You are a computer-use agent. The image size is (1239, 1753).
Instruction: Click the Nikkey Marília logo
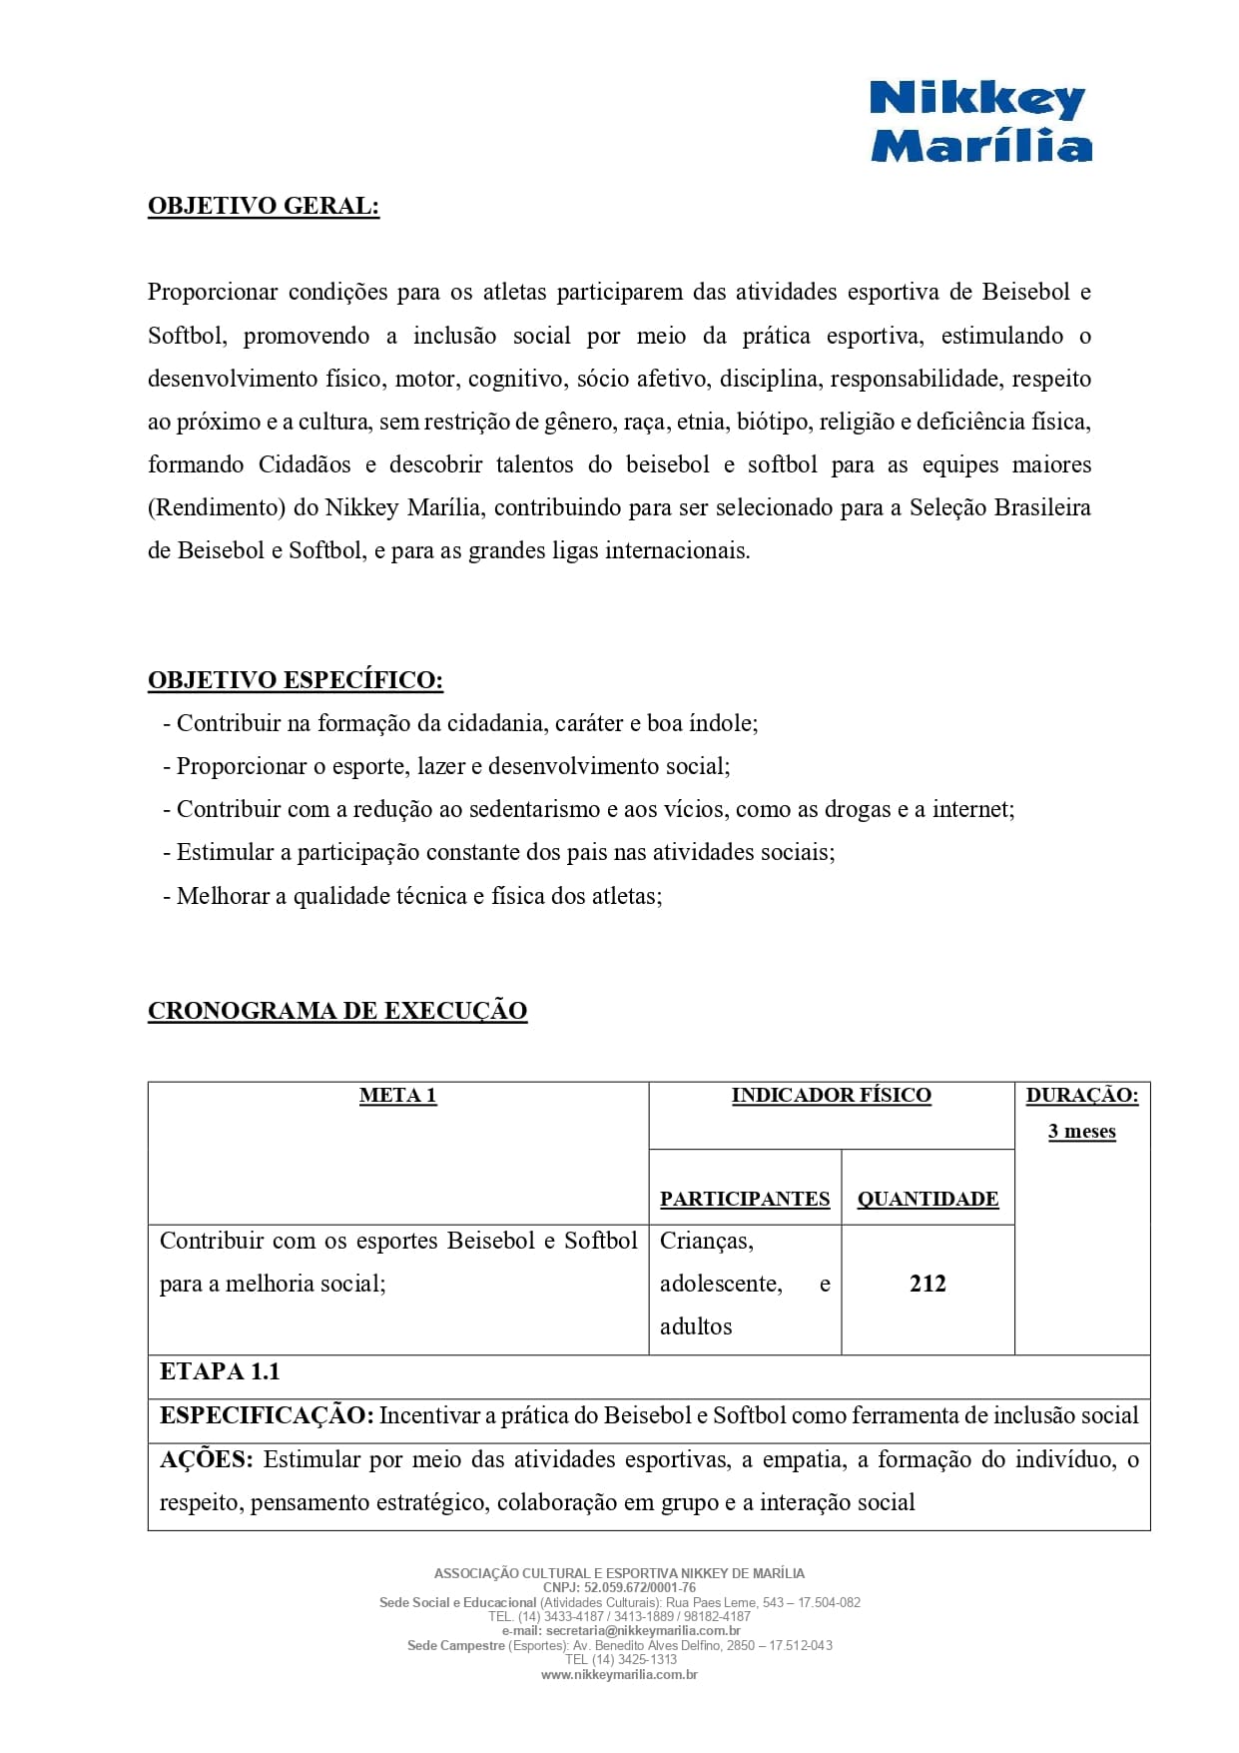[x=980, y=122]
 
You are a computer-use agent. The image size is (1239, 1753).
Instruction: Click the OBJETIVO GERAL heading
[x=264, y=206]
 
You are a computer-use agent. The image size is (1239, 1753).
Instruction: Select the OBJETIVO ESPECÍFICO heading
[x=296, y=680]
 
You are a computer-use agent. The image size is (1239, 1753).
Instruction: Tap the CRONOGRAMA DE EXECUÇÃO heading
[x=337, y=1011]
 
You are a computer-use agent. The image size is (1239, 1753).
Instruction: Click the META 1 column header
[x=397, y=1096]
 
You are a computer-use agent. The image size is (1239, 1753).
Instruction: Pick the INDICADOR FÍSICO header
[x=831, y=1096]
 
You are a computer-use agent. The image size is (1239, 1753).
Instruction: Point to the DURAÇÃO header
[x=1081, y=1096]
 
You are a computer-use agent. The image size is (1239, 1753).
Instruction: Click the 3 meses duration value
[x=1081, y=1132]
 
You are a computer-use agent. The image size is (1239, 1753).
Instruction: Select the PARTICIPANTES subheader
[x=745, y=1199]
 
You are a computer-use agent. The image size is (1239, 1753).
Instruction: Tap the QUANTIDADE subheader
[x=928, y=1199]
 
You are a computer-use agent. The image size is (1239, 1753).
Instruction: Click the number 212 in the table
[x=928, y=1284]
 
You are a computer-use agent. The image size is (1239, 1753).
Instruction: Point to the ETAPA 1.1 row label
[x=220, y=1371]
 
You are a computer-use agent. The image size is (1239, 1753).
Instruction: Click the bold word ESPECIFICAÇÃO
[x=267, y=1415]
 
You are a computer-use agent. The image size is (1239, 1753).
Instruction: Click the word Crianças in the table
[x=707, y=1241]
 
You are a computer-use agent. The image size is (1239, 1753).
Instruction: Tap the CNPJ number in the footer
[x=639, y=1587]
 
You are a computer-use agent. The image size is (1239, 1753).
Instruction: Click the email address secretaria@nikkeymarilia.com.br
[x=643, y=1631]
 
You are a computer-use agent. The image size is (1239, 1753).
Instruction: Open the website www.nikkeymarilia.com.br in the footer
[x=619, y=1675]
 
